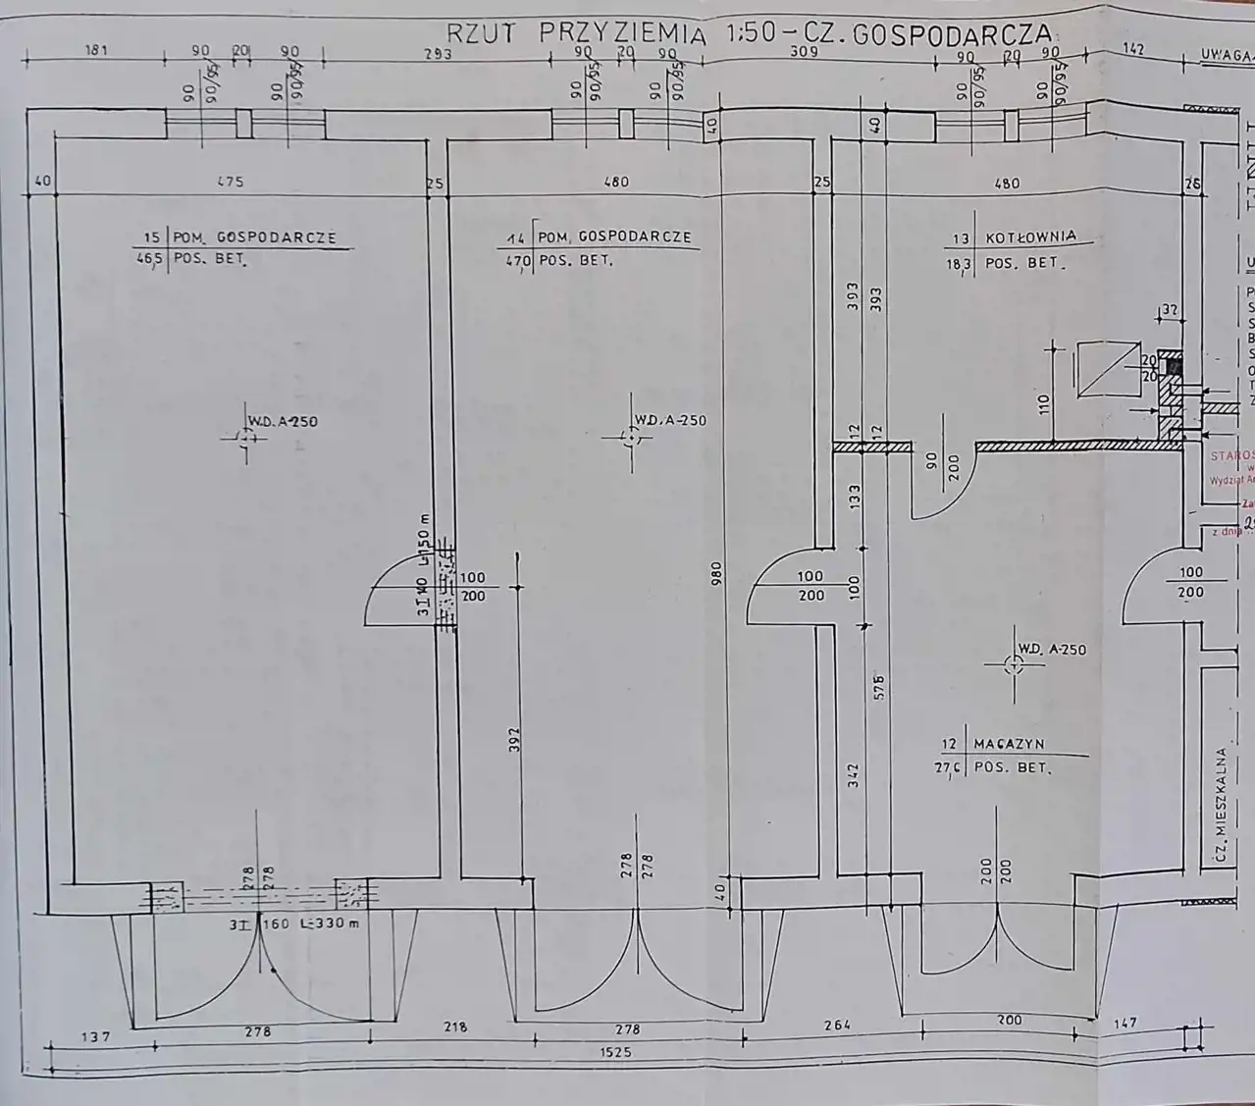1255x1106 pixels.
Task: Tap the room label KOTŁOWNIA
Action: (x=1030, y=237)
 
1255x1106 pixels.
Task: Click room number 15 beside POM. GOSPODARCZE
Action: (x=151, y=237)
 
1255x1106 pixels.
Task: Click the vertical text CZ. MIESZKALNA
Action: (x=1221, y=806)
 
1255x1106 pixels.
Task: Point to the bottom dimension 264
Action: (x=835, y=1026)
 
